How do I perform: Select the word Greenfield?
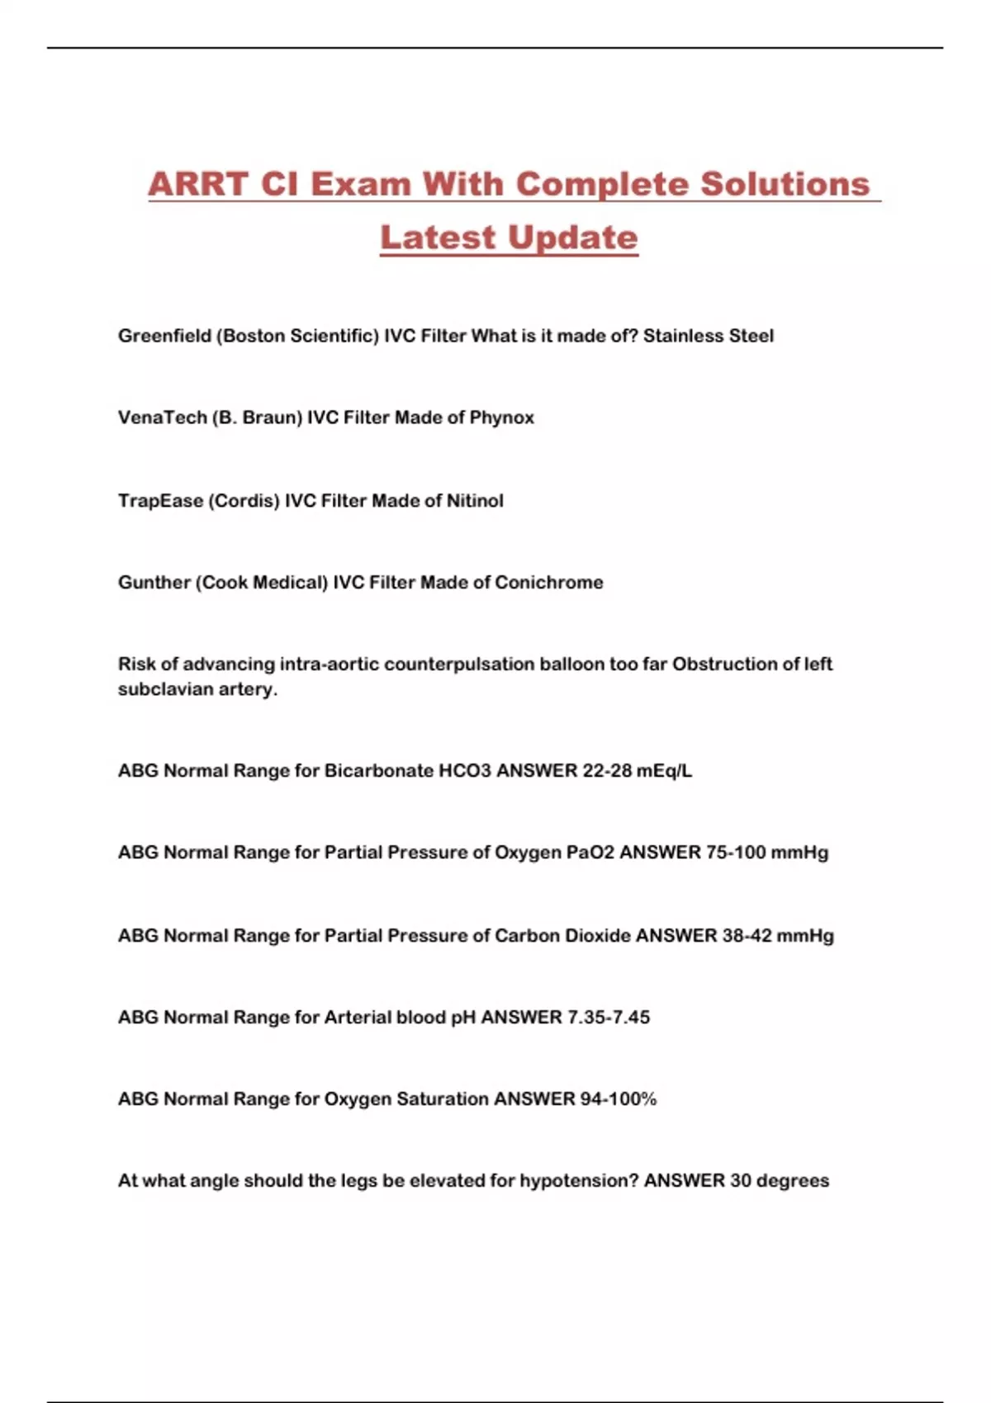(164, 336)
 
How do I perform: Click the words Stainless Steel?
(708, 336)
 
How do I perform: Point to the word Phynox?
(501, 418)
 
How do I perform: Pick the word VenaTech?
(162, 418)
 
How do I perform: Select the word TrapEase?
(160, 500)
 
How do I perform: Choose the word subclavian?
(166, 689)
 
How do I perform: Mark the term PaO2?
(590, 853)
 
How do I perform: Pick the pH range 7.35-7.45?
(609, 1017)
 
